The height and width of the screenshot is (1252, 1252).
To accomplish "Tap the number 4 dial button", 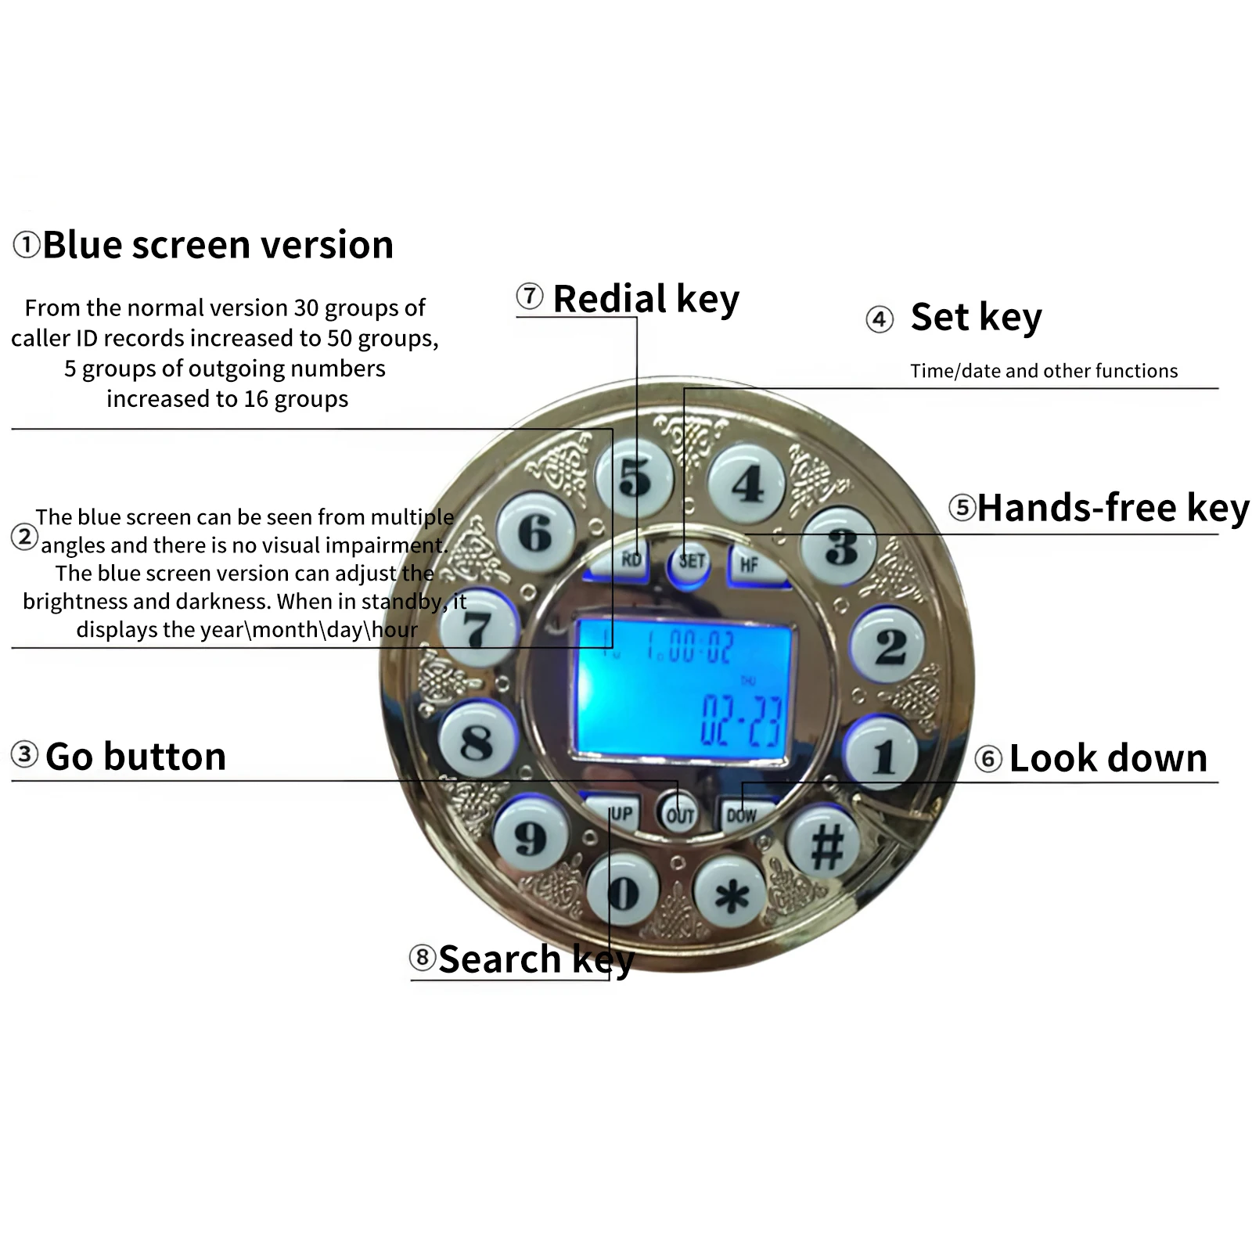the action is pyautogui.click(x=747, y=483).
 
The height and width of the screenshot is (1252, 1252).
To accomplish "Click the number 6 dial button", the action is pyautogui.click(x=535, y=532).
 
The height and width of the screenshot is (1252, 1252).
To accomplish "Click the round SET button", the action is pyautogui.click(x=690, y=561).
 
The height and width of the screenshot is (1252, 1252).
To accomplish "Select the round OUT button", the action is pyautogui.click(x=678, y=815).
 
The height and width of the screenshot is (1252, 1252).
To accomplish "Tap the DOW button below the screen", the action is pyautogui.click(x=743, y=815).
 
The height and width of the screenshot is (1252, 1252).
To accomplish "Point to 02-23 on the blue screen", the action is pyautogui.click(x=741, y=720).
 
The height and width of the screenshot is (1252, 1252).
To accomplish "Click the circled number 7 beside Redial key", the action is pyautogui.click(x=530, y=297).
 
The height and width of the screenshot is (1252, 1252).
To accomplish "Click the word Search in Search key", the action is pyautogui.click(x=499, y=959).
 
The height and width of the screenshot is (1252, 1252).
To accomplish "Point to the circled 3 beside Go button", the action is pyautogui.click(x=25, y=754).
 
